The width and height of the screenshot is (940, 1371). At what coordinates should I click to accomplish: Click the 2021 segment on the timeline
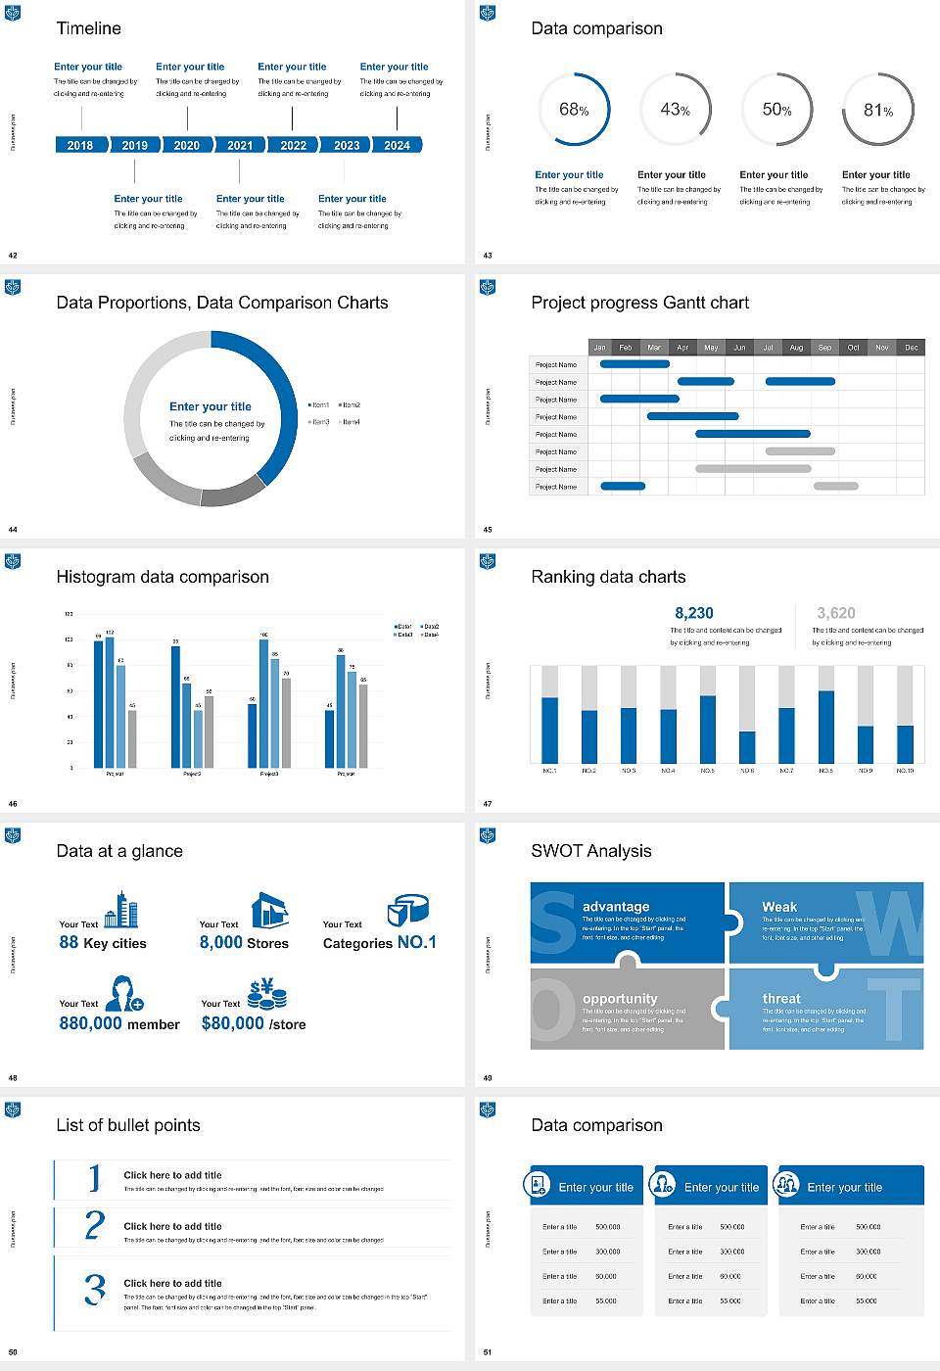(x=240, y=145)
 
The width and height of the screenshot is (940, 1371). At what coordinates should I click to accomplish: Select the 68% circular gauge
(x=574, y=110)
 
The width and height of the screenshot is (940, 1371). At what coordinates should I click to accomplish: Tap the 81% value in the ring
(x=877, y=111)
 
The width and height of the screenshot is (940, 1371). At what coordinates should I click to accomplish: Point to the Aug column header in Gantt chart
(x=796, y=348)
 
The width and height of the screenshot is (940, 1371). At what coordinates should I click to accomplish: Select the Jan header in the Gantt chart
(x=599, y=348)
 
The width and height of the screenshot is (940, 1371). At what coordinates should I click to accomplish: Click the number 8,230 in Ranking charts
(x=693, y=613)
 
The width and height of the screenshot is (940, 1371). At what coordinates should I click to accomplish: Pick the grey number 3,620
(x=835, y=613)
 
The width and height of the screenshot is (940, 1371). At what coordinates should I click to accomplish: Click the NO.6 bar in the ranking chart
(x=747, y=746)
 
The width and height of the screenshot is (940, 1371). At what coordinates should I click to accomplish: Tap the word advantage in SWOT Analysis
(x=616, y=907)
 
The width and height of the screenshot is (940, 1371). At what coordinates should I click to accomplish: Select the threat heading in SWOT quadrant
(x=781, y=999)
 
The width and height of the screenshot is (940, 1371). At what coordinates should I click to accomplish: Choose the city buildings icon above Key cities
(x=121, y=910)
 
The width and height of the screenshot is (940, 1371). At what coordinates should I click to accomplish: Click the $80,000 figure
(x=232, y=1023)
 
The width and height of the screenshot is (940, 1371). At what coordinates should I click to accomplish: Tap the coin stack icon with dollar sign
(x=266, y=994)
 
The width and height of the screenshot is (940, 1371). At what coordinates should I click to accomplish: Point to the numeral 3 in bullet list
(x=94, y=1289)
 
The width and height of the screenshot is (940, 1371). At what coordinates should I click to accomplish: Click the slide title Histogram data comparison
(x=163, y=577)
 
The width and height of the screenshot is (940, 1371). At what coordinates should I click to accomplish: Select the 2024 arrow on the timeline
(x=398, y=145)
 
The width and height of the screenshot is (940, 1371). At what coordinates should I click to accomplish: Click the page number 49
(x=488, y=1078)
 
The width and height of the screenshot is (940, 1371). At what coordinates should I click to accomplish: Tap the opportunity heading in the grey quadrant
(x=620, y=999)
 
